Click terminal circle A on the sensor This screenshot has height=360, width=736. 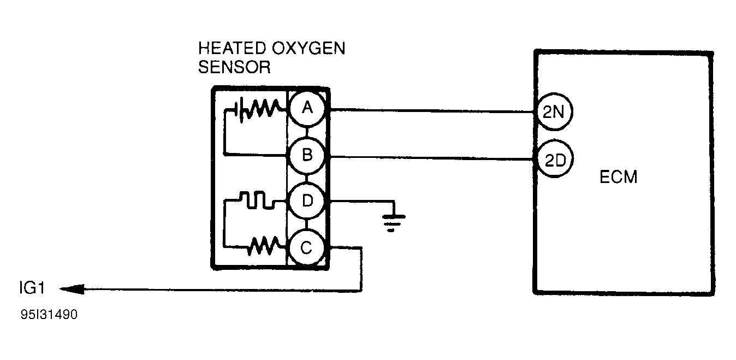pyautogui.click(x=307, y=109)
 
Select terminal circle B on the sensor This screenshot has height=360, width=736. pyautogui.click(x=307, y=156)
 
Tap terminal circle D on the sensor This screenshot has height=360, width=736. pyautogui.click(x=307, y=202)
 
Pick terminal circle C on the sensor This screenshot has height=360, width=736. pyautogui.click(x=307, y=249)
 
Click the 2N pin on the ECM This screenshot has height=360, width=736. pyautogui.click(x=553, y=113)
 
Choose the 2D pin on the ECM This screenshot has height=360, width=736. pyautogui.click(x=553, y=160)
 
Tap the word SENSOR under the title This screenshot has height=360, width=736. pyautogui.click(x=234, y=67)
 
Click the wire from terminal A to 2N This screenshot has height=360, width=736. pyautogui.click(x=431, y=111)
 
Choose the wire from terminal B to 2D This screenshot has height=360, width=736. pyautogui.click(x=431, y=158)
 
